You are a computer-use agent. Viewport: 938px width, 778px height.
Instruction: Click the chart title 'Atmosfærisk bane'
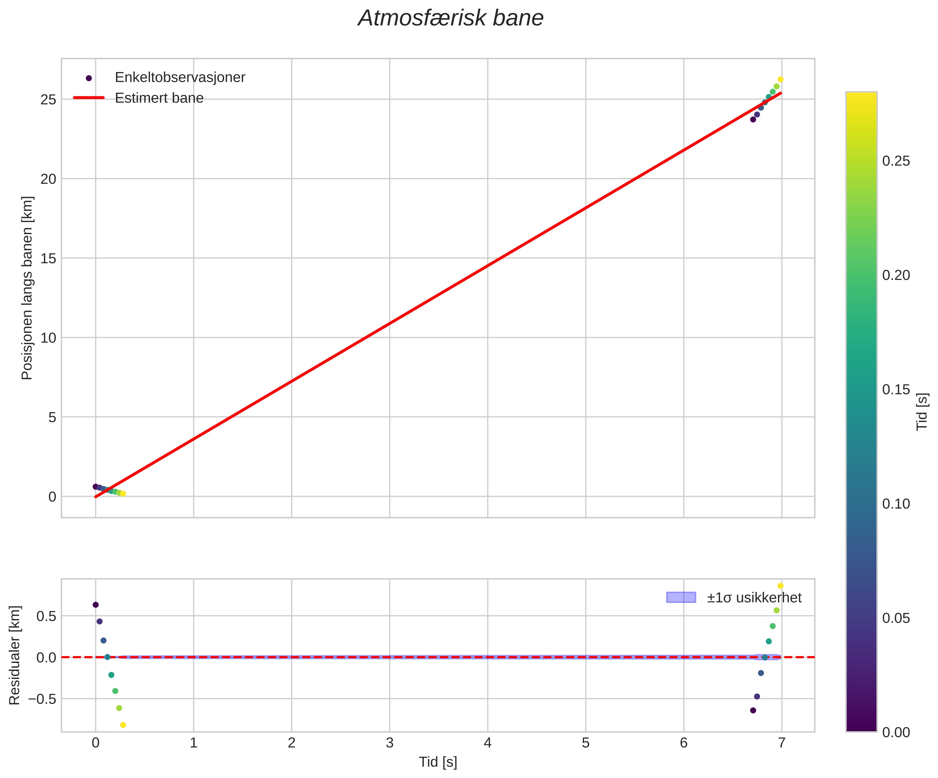pos(451,19)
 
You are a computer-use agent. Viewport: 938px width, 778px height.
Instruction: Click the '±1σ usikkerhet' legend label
pos(754,598)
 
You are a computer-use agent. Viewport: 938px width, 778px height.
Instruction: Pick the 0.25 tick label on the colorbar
pos(896,161)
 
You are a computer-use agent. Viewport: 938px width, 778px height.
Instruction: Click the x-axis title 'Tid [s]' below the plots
pos(438,762)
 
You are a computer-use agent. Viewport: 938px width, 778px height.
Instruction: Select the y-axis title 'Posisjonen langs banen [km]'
pos(27,288)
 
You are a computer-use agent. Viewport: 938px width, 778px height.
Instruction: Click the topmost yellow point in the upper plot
pos(780,79)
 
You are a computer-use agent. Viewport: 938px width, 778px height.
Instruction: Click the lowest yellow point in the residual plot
pos(123,725)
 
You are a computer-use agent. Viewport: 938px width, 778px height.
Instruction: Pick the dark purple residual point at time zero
pos(96,605)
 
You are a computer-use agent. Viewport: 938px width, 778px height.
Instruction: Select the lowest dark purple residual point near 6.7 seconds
pos(753,710)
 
